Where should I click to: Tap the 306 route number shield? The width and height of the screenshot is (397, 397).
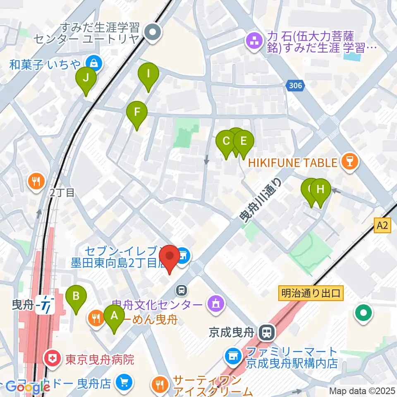pyautogui.click(x=295, y=86)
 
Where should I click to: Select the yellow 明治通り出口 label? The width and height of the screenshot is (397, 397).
pyautogui.click(x=310, y=293)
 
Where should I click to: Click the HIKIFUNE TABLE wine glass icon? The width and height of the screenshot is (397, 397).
pyautogui.click(x=350, y=162)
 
